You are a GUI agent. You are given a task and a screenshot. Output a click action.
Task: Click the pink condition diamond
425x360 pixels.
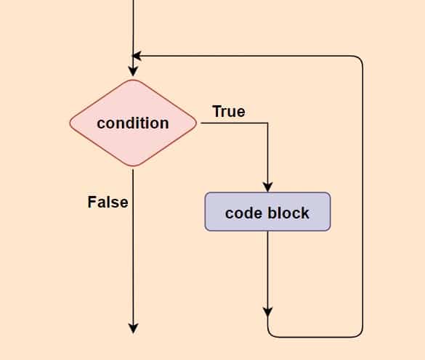pyautogui.click(x=133, y=123)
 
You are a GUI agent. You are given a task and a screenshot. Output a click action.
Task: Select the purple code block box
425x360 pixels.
pyautogui.click(x=267, y=211)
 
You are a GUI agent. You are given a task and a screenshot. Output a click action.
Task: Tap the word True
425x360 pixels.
pyautogui.click(x=229, y=111)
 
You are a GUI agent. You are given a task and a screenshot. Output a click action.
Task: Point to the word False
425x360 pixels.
pyautogui.click(x=108, y=202)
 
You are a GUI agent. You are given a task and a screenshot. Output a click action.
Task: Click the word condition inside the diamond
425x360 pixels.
pyautogui.click(x=133, y=123)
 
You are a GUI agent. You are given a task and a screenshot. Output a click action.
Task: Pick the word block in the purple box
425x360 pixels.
pyautogui.click(x=288, y=213)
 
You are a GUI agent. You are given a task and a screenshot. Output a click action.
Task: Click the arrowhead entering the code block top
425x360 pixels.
pyautogui.click(x=268, y=187)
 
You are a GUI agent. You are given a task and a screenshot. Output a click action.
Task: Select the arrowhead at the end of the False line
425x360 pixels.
pyautogui.click(x=133, y=329)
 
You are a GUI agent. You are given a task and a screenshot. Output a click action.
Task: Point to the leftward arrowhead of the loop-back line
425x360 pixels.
pyautogui.click(x=137, y=56)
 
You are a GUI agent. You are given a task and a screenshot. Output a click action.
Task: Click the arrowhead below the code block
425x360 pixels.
pyautogui.click(x=268, y=312)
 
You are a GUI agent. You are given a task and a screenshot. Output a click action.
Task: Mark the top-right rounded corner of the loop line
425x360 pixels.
pyautogui.click(x=360, y=59)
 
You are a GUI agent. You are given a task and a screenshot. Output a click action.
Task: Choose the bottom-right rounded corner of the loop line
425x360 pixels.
pyautogui.click(x=360, y=335)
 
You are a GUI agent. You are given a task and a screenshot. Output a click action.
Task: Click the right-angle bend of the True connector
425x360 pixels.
pyautogui.click(x=267, y=123)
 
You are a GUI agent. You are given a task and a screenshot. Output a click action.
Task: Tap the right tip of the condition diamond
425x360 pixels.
pyautogui.click(x=196, y=123)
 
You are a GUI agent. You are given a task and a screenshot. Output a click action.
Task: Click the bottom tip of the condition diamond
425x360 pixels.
pyautogui.click(x=133, y=165)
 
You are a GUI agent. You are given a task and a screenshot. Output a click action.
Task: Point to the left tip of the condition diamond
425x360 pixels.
pyautogui.click(x=70, y=123)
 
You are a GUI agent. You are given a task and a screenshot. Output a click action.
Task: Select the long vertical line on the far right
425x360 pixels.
pyautogui.click(x=363, y=197)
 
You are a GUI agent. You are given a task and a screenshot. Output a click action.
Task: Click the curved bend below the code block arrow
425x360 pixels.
pyautogui.click(x=270, y=335)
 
